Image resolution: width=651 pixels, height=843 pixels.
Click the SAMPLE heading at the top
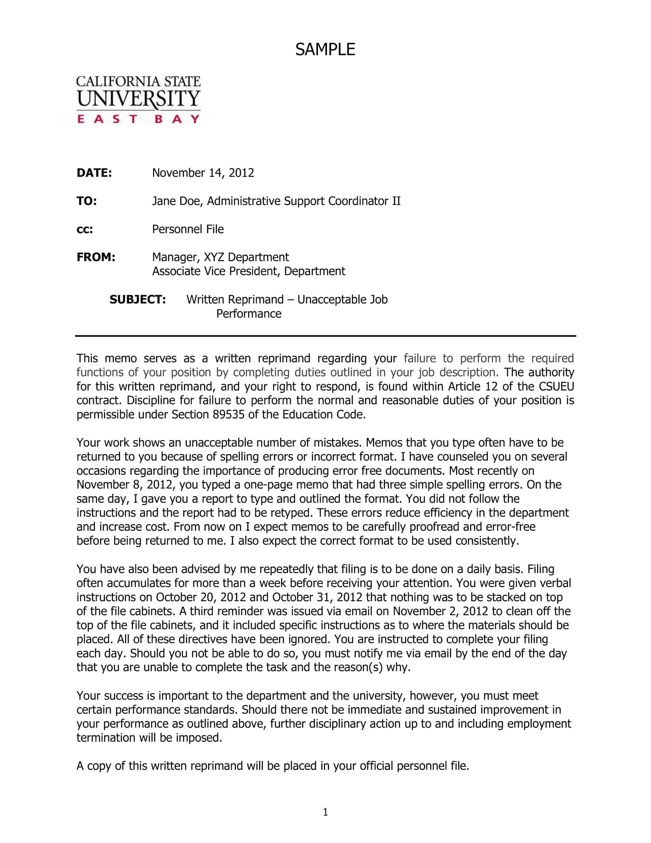point(325,49)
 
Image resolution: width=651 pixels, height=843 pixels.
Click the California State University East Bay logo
point(139,99)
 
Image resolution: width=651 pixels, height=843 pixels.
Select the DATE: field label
point(94,173)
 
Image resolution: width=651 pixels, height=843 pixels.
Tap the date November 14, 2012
point(203,173)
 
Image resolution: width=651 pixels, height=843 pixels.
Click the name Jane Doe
point(177,201)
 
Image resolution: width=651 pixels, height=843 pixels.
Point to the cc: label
point(85,230)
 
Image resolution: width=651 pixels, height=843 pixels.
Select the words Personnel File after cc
point(188,229)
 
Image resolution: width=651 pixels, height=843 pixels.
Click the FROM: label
point(96,257)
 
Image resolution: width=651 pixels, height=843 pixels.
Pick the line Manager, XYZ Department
point(220,257)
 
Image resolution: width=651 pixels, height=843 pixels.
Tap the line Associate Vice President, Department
point(249,271)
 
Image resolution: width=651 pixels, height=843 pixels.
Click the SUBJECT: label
point(138,300)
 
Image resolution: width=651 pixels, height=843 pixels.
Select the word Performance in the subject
point(249,313)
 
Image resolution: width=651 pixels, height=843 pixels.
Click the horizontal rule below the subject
point(325,336)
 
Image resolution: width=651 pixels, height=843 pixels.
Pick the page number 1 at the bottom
point(325,812)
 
